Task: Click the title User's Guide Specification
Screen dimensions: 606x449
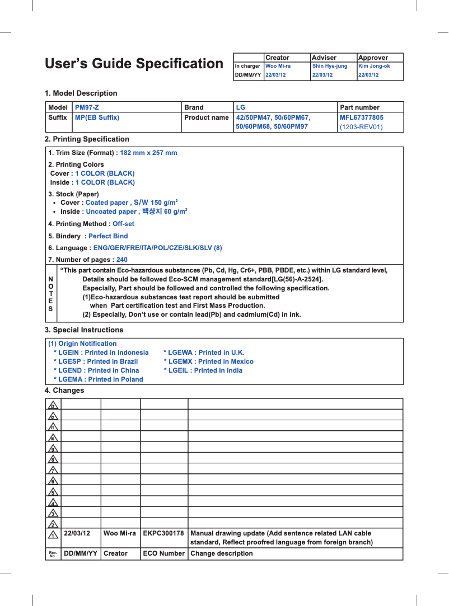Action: pyautogui.click(x=134, y=64)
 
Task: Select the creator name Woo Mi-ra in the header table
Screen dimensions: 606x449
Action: pyautogui.click(x=278, y=66)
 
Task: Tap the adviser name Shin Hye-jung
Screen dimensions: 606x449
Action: pyautogui.click(x=329, y=66)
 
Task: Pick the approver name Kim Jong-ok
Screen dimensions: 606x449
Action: pyautogui.click(x=373, y=66)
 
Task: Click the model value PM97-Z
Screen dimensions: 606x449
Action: pyautogui.click(x=87, y=107)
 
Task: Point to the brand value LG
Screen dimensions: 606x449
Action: pyautogui.click(x=241, y=107)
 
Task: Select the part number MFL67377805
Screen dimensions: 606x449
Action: pyautogui.click(x=362, y=118)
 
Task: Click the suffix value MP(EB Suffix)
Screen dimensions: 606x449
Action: pyautogui.click(x=97, y=118)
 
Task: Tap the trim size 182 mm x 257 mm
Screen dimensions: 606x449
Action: pyautogui.click(x=148, y=153)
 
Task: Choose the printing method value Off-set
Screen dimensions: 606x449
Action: pyautogui.click(x=123, y=224)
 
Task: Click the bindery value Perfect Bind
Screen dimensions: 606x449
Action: pyautogui.click(x=108, y=236)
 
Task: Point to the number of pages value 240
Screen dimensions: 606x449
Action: pyautogui.click(x=121, y=260)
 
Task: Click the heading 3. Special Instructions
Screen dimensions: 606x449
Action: pyautogui.click(x=84, y=330)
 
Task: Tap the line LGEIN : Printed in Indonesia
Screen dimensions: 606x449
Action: pyautogui.click(x=101, y=353)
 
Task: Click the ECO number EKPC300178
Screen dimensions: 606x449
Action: pyautogui.click(x=163, y=534)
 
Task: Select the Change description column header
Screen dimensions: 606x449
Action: pyautogui.click(x=222, y=553)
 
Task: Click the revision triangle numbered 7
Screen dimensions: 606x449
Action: pyautogui.click(x=53, y=469)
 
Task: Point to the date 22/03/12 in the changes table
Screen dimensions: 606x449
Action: pyautogui.click(x=77, y=534)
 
